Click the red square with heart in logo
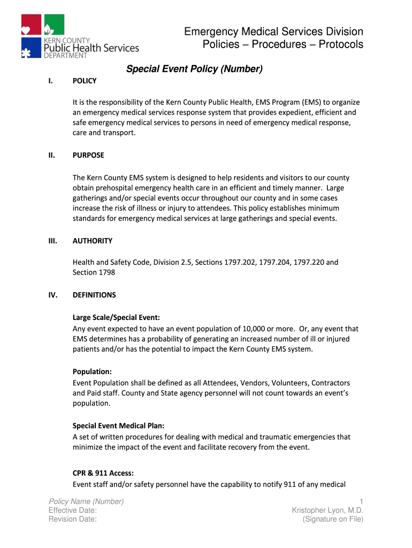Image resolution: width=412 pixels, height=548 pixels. coord(31,25)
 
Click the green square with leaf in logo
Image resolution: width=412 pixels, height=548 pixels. coord(54,25)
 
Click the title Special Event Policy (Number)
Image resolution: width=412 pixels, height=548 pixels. coord(194,69)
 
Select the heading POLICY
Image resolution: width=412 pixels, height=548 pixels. coord(85,81)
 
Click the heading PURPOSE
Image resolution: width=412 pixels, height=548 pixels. coord(88,155)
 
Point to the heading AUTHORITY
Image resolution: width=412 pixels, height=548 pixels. coord(93,241)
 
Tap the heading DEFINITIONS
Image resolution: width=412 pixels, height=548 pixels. coord(94,295)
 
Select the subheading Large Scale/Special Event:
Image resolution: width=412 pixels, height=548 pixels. coord(116,318)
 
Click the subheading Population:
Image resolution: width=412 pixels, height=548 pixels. coord(92,371)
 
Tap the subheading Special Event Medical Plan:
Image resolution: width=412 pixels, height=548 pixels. coord(118,425)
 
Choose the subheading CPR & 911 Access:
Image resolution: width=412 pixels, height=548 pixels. coord(103,474)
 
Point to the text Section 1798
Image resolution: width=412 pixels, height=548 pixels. coord(94,272)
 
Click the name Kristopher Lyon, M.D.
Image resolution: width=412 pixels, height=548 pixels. coord(327,511)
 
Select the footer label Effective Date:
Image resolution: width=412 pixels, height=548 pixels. coord(73,511)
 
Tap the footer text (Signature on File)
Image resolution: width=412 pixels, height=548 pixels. coord(333,519)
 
